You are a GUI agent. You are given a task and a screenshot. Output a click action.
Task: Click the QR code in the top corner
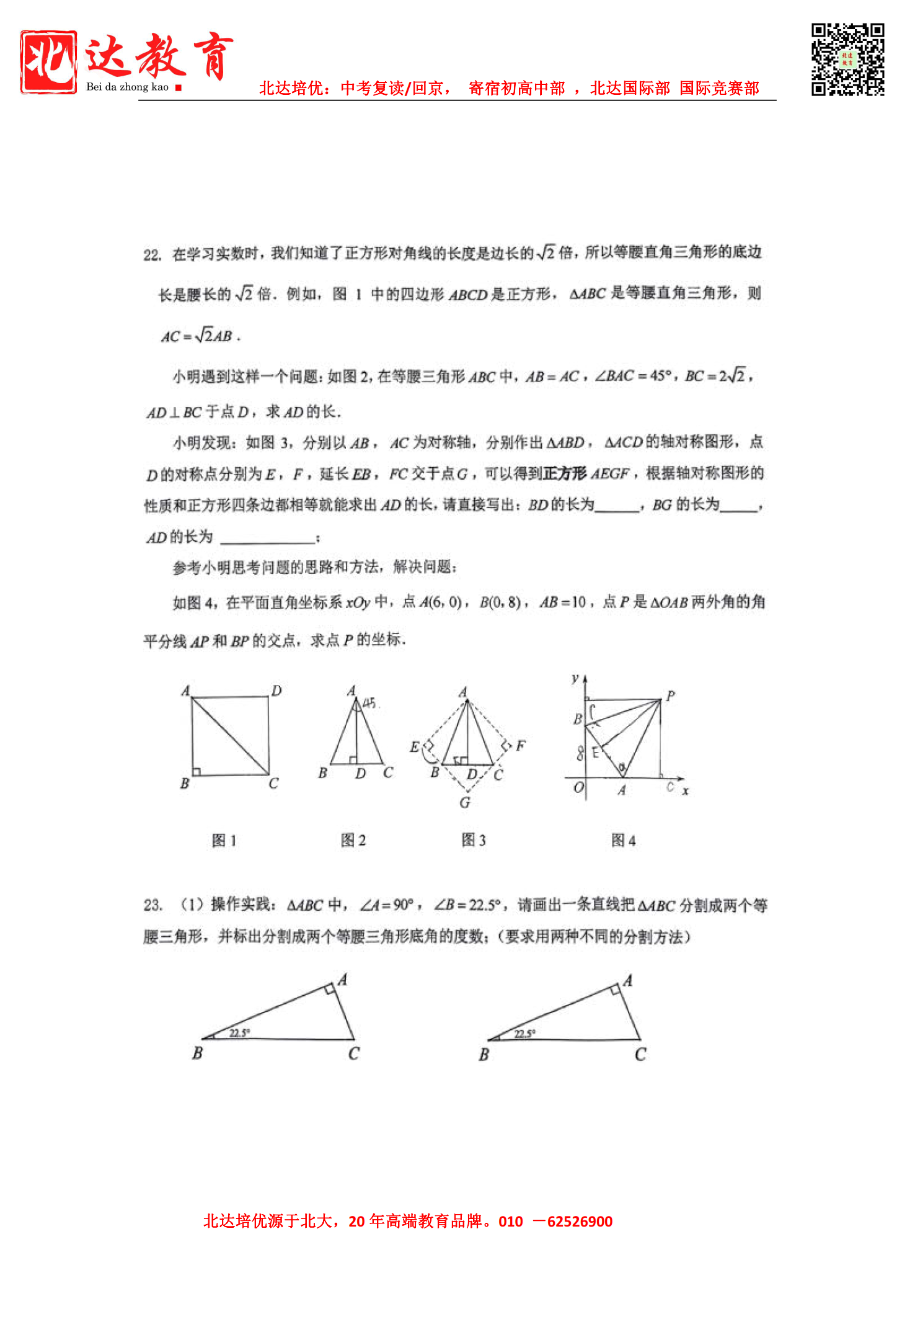click(847, 60)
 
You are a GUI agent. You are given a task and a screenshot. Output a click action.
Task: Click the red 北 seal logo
click(48, 62)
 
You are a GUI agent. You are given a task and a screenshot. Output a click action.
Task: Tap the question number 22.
click(152, 255)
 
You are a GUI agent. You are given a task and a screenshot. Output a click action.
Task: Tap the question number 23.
click(152, 905)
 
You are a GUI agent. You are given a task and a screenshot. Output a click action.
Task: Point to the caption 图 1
click(224, 841)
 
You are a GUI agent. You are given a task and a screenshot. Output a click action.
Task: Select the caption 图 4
click(623, 841)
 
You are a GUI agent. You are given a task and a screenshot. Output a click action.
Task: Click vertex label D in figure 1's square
click(276, 691)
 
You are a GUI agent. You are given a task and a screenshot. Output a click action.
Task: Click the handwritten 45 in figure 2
click(369, 702)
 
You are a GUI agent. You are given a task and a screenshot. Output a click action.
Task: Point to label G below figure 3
click(465, 803)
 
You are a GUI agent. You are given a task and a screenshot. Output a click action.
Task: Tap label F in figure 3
click(520, 745)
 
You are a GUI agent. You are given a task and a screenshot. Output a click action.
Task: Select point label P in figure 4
click(670, 695)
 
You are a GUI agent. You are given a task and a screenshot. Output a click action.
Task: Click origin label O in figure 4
click(578, 787)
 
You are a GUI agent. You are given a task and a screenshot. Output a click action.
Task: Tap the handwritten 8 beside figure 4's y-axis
click(580, 753)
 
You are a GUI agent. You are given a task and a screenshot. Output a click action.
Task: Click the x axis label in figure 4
click(685, 791)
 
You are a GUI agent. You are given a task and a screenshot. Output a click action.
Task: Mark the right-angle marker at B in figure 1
click(197, 771)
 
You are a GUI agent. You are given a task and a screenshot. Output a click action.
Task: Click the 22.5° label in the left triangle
click(239, 1033)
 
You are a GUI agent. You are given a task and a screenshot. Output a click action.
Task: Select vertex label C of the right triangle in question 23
click(640, 1054)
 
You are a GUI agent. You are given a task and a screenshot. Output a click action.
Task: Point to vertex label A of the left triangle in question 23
click(342, 980)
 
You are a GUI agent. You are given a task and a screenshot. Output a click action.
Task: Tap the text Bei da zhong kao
click(127, 87)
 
